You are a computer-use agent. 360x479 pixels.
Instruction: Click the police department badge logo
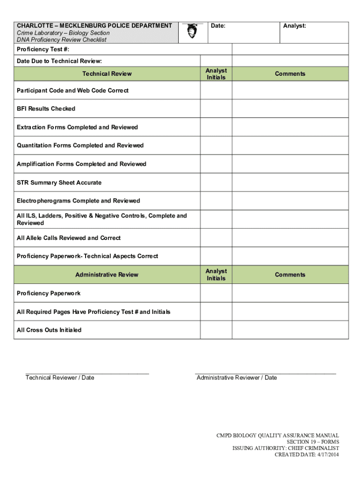tap(192, 31)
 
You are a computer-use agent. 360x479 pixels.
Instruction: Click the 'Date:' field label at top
tap(218, 26)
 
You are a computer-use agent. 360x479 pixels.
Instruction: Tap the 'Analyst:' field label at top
tap(295, 26)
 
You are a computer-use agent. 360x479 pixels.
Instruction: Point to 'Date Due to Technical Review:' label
tap(59, 61)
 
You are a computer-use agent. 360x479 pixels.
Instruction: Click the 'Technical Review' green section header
tap(107, 74)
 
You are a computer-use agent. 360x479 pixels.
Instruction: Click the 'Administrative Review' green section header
tap(107, 275)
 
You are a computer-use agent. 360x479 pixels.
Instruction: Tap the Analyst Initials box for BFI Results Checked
tap(216, 109)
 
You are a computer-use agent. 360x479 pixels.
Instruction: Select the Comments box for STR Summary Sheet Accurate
tap(290, 182)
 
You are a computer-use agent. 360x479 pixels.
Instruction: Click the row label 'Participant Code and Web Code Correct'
tap(72, 90)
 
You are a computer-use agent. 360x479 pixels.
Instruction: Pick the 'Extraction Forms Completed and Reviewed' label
tap(77, 127)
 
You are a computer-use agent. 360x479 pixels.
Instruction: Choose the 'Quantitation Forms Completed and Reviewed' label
tap(80, 145)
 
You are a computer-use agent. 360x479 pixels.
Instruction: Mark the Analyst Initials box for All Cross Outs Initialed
tap(216, 330)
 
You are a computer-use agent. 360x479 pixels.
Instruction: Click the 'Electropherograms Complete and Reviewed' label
tap(78, 201)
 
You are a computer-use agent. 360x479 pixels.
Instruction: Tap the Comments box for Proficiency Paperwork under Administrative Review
tap(290, 293)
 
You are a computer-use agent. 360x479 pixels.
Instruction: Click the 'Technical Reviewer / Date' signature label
tap(60, 378)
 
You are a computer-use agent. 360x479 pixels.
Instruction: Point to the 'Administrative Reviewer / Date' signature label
tap(237, 378)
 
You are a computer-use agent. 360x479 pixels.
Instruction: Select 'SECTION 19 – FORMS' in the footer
tap(312, 442)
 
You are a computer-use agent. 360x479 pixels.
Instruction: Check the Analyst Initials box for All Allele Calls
tap(216, 238)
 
